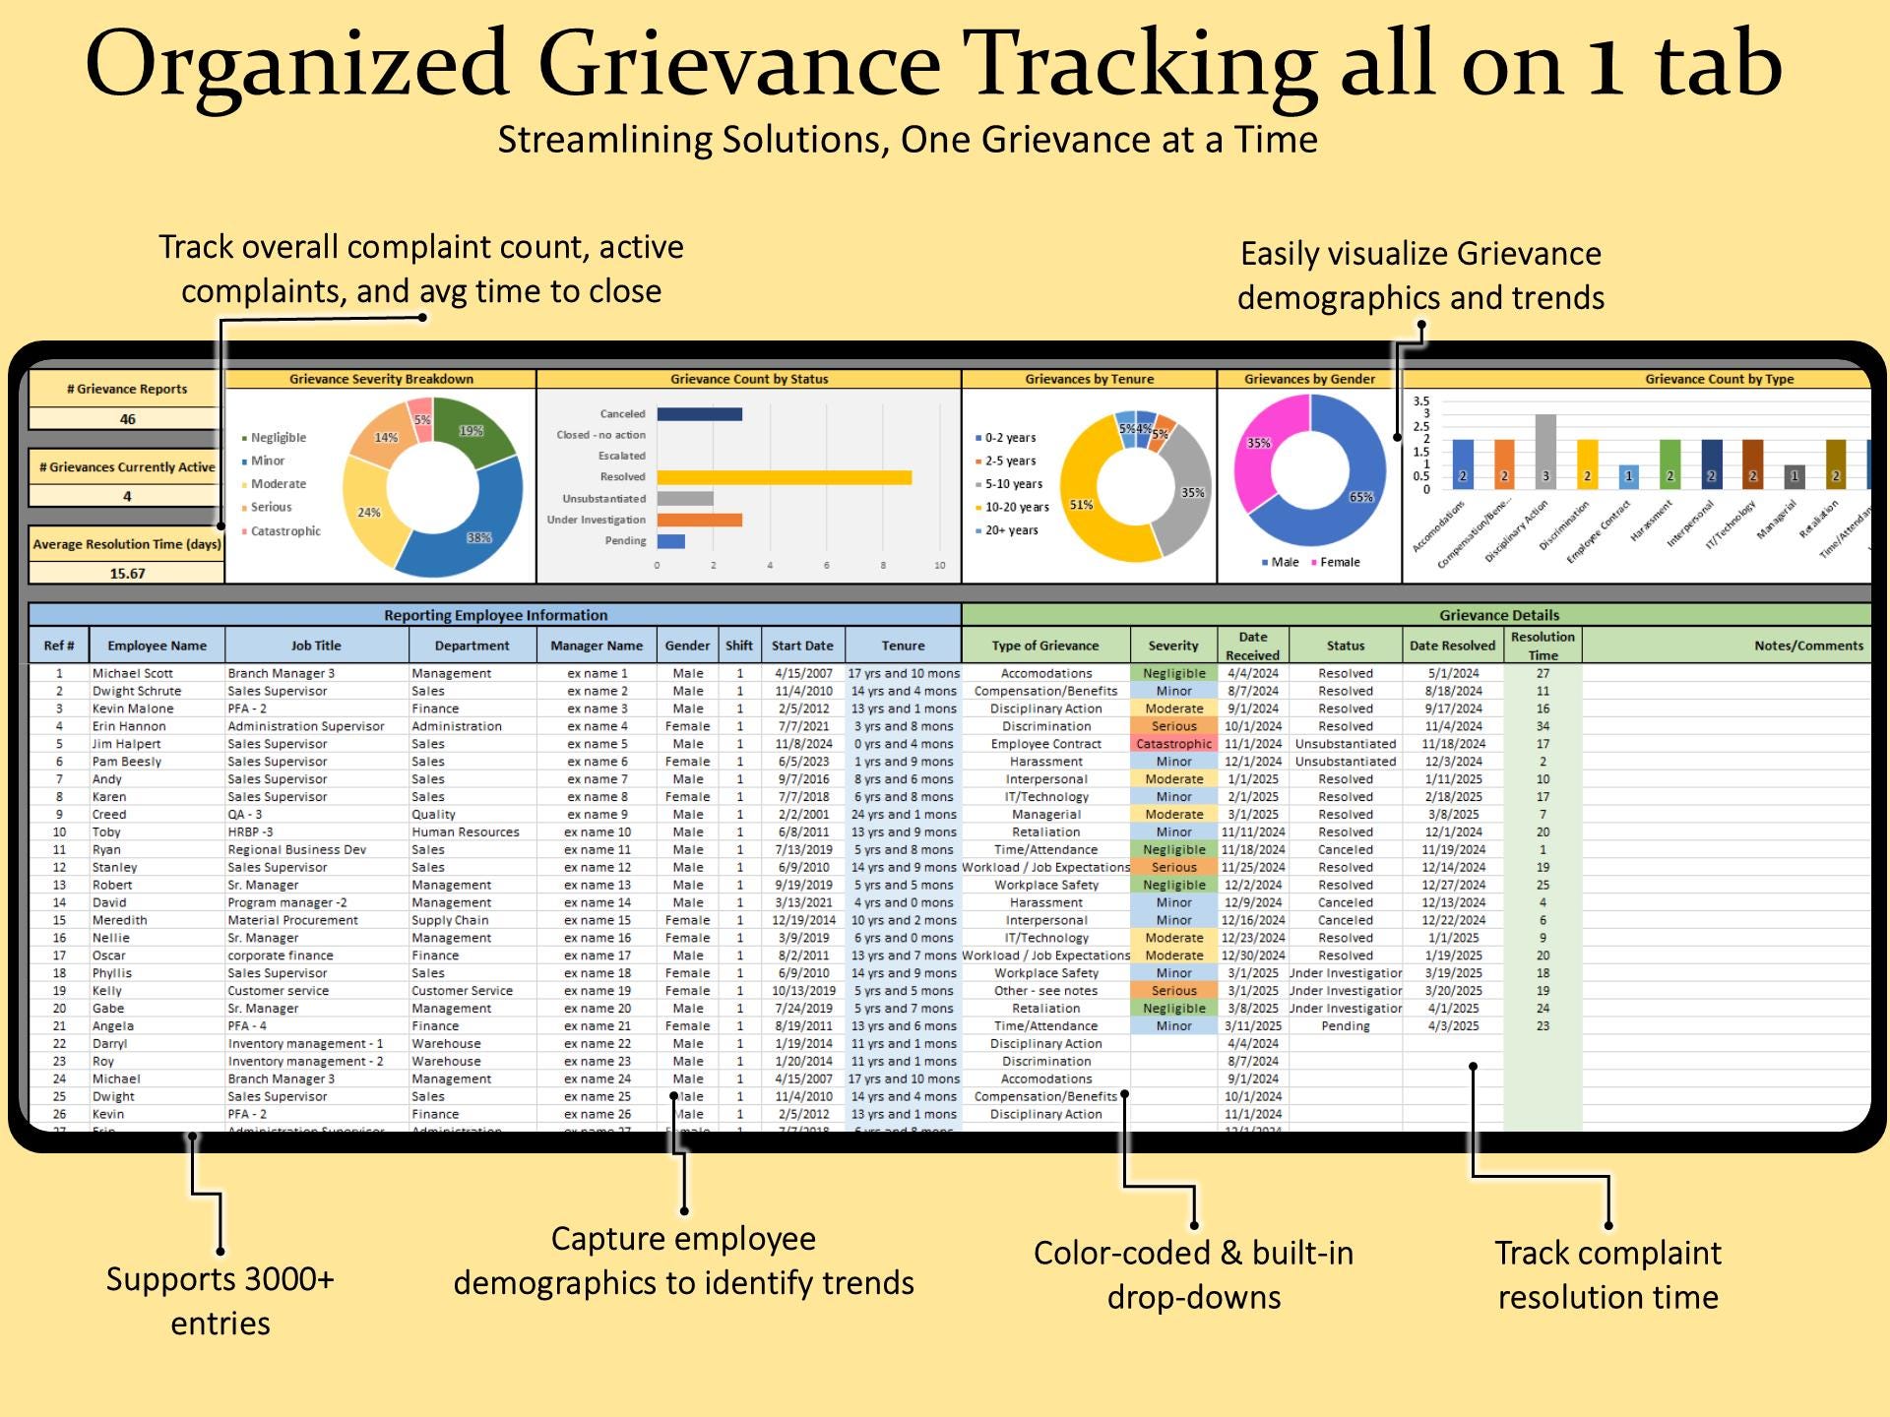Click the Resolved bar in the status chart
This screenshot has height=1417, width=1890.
click(784, 477)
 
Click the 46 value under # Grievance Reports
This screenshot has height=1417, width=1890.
click(127, 419)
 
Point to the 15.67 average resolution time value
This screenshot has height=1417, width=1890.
click(127, 573)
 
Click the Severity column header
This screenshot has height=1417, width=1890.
click(1173, 646)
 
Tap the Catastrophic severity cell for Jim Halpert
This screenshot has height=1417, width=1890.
click(1173, 744)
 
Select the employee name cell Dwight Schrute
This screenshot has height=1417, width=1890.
click(137, 691)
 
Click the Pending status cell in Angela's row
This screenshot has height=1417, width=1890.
click(1345, 1026)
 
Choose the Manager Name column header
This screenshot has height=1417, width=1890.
click(597, 646)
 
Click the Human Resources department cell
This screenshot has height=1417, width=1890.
click(465, 832)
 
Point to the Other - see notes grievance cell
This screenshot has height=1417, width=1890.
click(1045, 991)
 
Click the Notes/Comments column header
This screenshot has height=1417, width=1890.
click(1807, 646)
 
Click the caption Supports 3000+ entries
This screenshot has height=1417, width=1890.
click(220, 1300)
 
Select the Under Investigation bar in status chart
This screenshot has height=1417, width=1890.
click(699, 520)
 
